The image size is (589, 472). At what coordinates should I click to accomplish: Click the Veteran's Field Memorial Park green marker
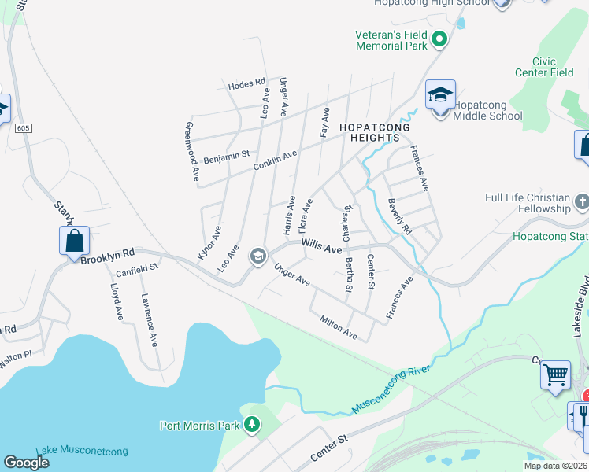(439, 37)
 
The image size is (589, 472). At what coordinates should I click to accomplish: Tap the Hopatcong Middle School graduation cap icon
(440, 95)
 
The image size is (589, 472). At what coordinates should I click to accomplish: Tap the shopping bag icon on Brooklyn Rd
(74, 240)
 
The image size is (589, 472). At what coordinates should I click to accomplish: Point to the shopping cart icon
(555, 374)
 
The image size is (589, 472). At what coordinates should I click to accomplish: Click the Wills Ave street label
(322, 247)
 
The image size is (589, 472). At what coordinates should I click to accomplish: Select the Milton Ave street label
(339, 328)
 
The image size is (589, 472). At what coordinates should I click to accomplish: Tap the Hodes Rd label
(246, 84)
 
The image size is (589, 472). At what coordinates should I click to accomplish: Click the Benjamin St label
(226, 157)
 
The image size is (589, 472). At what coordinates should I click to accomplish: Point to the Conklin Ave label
(275, 160)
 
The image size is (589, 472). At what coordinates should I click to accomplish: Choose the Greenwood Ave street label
(191, 153)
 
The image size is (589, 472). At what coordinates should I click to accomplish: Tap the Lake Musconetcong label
(82, 451)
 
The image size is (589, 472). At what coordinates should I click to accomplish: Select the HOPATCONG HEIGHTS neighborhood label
(369, 132)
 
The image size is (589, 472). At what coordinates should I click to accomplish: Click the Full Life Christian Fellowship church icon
(581, 201)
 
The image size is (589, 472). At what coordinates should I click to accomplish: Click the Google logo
(27, 463)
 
